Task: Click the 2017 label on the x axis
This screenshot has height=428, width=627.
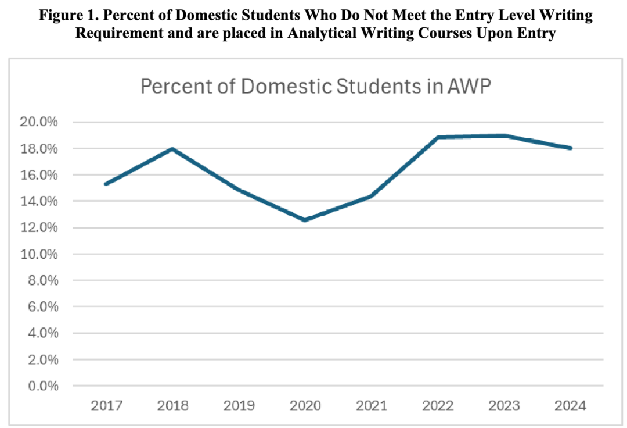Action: point(106,405)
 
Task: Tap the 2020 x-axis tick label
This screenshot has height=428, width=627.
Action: point(305,405)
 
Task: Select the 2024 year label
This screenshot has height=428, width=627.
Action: point(571,405)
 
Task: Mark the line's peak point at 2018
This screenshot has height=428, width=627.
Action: point(172,149)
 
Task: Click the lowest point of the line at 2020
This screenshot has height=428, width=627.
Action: point(305,220)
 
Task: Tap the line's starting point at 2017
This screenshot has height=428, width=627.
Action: point(106,184)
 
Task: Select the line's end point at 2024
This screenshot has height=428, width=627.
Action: point(571,148)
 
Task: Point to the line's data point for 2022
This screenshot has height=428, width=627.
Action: point(438,137)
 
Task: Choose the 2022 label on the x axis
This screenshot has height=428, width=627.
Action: point(438,405)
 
